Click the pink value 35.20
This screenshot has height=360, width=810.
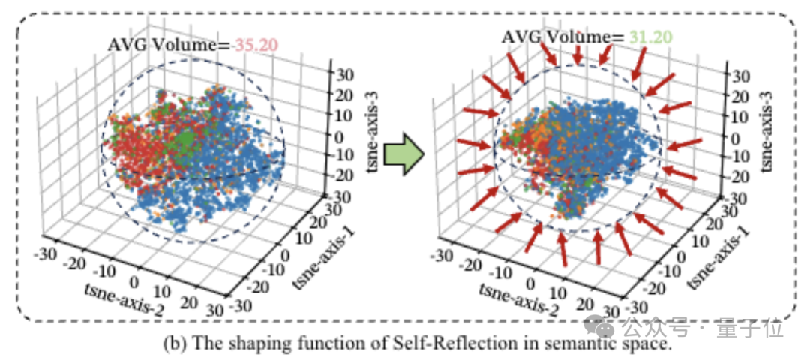point(256,45)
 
